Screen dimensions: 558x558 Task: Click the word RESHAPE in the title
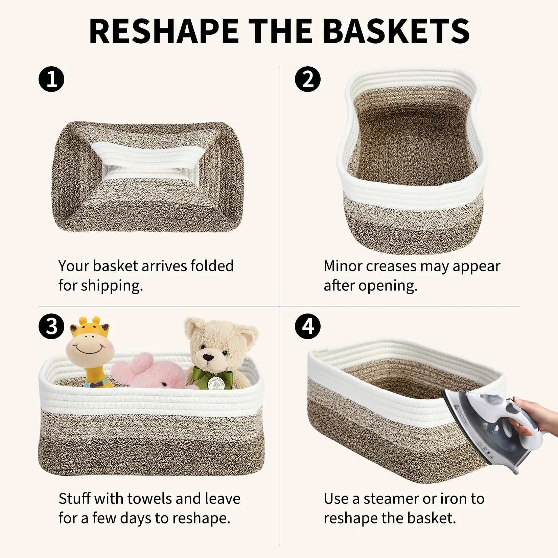(x=164, y=31)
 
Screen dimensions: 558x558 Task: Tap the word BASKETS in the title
(x=396, y=31)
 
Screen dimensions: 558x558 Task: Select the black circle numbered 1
(x=51, y=79)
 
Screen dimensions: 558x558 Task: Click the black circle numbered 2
(x=307, y=79)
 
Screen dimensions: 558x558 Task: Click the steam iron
(x=487, y=429)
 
